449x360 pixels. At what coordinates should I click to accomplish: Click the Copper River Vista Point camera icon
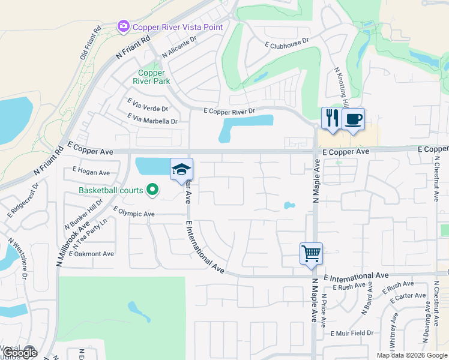click(124, 26)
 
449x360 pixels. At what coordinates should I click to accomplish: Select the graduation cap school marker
click(181, 169)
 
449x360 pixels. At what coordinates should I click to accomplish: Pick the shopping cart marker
click(311, 253)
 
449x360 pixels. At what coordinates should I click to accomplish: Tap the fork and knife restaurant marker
click(331, 118)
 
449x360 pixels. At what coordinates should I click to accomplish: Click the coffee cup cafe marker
click(354, 119)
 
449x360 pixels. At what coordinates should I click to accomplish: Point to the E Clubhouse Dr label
click(286, 43)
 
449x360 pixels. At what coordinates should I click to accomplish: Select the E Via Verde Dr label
click(148, 109)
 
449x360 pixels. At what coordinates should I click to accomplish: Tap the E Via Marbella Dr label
click(152, 121)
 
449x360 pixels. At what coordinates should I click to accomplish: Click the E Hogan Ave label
click(91, 173)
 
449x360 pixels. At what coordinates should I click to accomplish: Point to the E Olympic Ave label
click(134, 214)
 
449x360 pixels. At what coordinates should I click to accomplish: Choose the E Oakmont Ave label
click(91, 254)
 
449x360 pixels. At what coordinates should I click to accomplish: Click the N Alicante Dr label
click(179, 48)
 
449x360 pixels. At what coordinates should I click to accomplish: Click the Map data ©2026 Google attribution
click(411, 355)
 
